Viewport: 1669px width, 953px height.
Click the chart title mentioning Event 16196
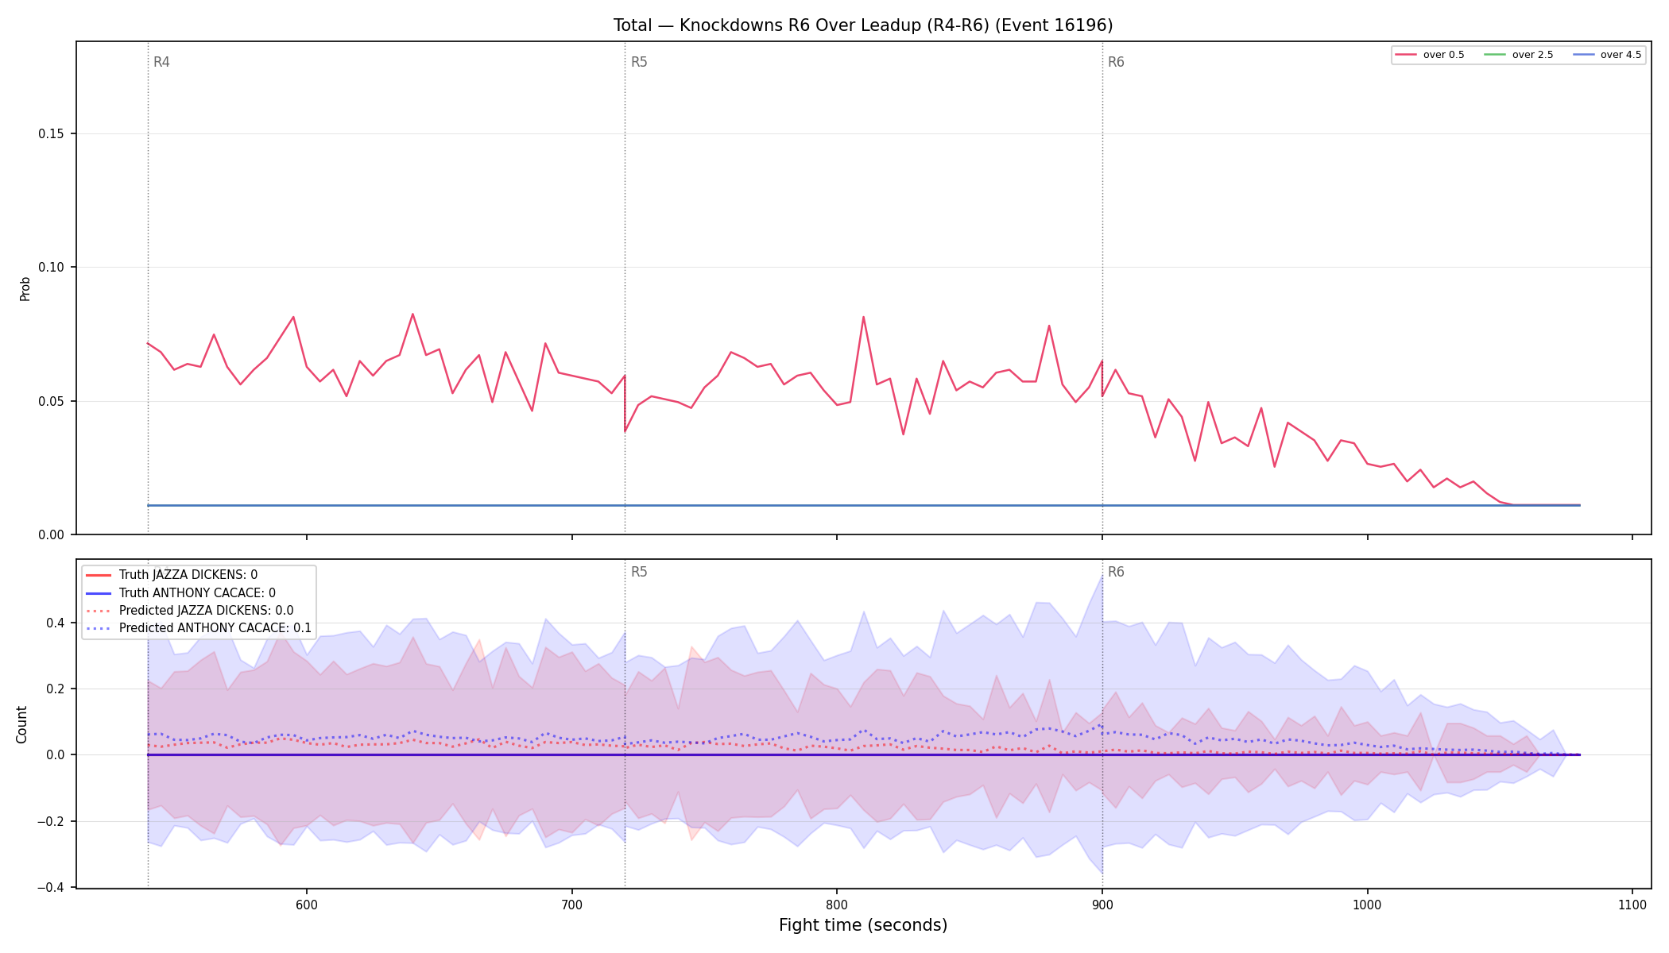click(863, 25)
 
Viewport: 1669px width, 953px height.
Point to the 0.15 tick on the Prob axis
click(52, 133)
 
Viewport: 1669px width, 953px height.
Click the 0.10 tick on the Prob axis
click(52, 268)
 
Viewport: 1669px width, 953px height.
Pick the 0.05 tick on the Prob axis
click(52, 401)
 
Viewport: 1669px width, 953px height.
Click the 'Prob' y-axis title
click(25, 288)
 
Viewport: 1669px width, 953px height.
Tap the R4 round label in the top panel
click(161, 62)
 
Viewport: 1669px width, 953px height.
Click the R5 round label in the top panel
click(639, 62)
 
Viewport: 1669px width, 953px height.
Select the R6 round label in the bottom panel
click(1116, 572)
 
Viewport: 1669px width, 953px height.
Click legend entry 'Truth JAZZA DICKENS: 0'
click(188, 575)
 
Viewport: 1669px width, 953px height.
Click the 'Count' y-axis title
click(21, 724)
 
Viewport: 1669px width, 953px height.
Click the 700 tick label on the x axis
click(571, 905)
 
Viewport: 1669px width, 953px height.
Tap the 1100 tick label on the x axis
click(1632, 905)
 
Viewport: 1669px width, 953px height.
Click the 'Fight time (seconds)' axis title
click(863, 925)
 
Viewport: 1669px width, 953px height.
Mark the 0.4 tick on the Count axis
click(55, 623)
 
